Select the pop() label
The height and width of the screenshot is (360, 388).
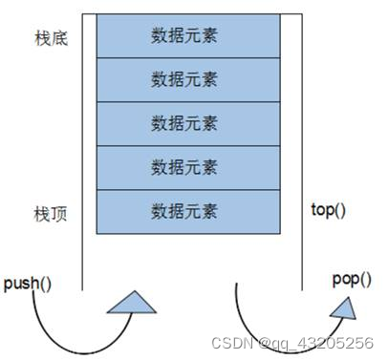coord(351,279)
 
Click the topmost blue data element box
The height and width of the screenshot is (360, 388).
coord(184,36)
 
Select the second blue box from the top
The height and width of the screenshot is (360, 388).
coord(184,80)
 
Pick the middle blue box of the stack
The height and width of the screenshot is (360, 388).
coord(184,124)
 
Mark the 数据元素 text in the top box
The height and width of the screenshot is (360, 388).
coord(184,36)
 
